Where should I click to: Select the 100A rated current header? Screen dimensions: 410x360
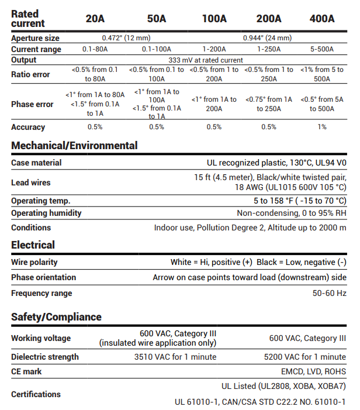tap(214, 19)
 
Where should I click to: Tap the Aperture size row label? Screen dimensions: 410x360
tap(35, 38)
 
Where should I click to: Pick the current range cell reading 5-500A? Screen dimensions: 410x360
tap(322, 49)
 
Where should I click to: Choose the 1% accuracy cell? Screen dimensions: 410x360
tap(322, 127)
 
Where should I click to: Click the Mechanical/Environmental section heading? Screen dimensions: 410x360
tap(74, 146)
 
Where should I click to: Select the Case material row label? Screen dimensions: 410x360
tap(36, 163)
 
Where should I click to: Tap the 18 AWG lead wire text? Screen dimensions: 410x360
tap(290, 187)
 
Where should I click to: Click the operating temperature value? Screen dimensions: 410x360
tap(292, 201)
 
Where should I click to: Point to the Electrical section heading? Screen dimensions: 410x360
tap(33, 245)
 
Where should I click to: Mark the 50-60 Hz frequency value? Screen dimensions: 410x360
tap(329, 293)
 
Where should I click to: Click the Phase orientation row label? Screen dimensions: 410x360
tap(43, 277)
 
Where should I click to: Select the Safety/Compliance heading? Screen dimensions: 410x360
tap(56, 317)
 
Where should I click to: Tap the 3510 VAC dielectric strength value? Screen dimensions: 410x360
tap(175, 357)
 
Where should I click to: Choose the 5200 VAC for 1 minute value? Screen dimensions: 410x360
tap(307, 357)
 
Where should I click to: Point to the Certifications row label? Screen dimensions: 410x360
tap(36, 394)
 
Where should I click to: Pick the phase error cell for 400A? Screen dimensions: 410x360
tap(322, 104)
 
